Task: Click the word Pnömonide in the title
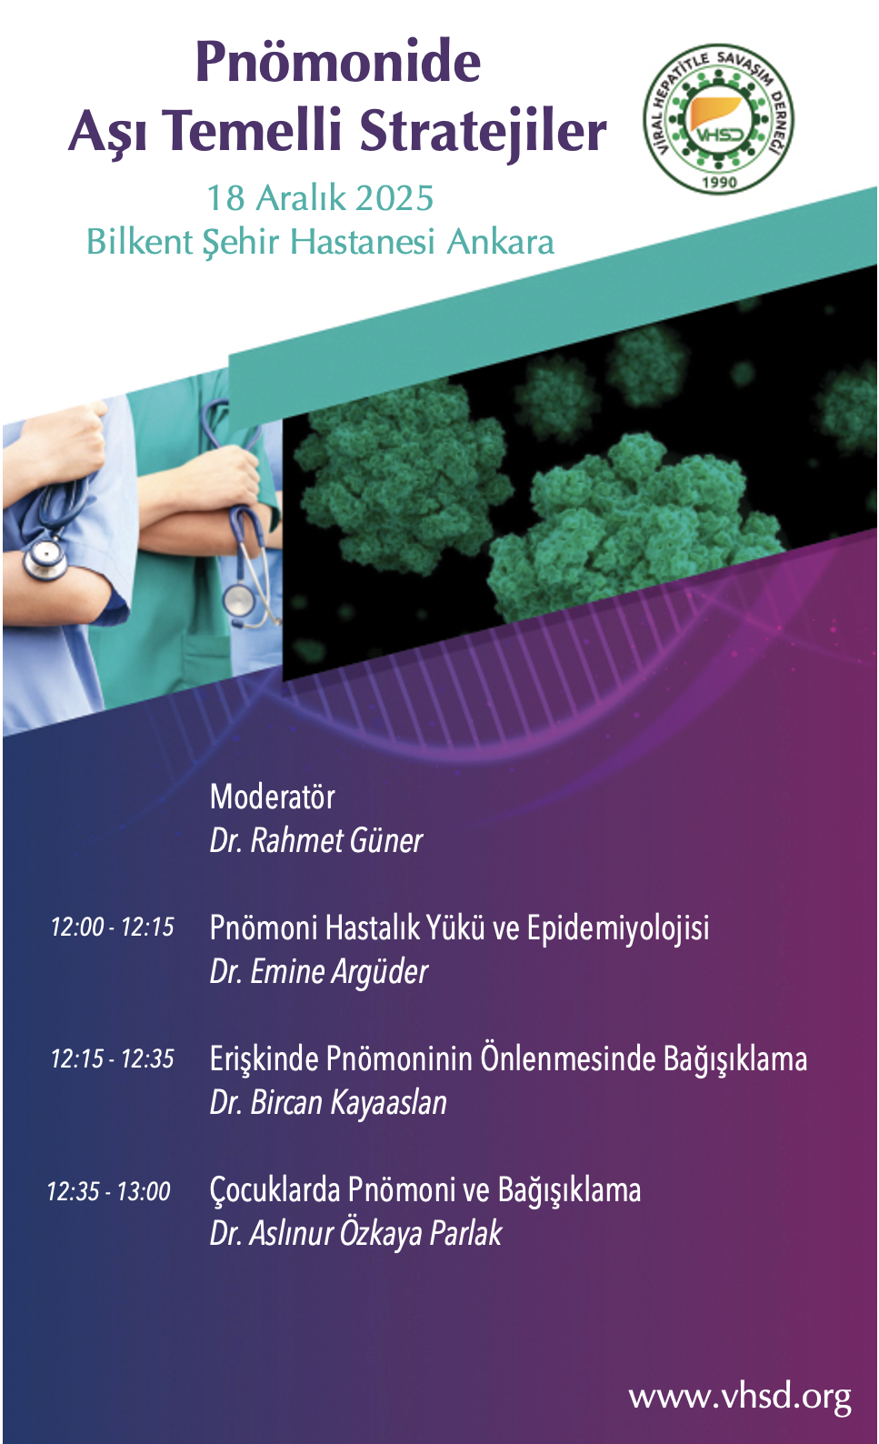click(338, 62)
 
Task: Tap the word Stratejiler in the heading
click(483, 132)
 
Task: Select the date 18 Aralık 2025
click(320, 198)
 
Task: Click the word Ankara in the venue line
click(501, 243)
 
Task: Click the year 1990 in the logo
click(718, 182)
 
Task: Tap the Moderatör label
click(273, 797)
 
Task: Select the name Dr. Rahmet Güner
click(316, 840)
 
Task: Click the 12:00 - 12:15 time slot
click(113, 927)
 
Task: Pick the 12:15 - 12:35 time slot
click(113, 1058)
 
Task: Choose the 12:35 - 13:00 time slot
click(109, 1190)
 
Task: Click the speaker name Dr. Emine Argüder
click(319, 972)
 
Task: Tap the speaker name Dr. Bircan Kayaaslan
click(329, 1103)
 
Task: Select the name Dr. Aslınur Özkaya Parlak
click(355, 1234)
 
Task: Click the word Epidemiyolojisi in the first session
click(618, 929)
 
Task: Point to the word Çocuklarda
click(275, 1190)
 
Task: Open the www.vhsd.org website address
click(740, 1397)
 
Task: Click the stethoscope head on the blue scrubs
click(45, 558)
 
